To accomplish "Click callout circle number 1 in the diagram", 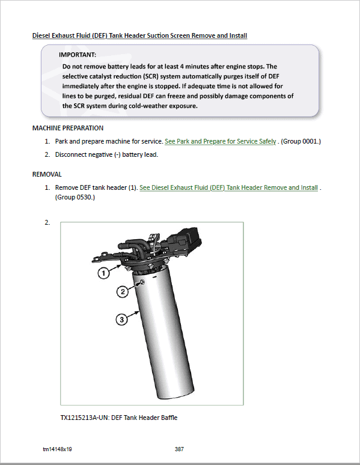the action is (x=103, y=273).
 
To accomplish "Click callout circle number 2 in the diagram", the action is (x=123, y=291).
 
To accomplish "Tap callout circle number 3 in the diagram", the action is (x=121, y=320).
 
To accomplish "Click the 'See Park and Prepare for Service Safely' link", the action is (x=220, y=141).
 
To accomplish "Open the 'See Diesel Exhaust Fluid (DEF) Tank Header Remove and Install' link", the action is (x=228, y=187).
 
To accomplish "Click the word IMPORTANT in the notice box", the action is (x=78, y=55).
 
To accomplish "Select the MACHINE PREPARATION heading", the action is (x=68, y=128).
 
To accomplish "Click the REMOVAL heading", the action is (x=47, y=174).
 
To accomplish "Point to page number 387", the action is (x=179, y=449).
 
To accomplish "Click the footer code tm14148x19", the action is (x=57, y=449).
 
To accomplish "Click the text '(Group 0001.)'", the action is (x=301, y=141).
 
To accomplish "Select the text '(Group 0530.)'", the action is (x=75, y=197).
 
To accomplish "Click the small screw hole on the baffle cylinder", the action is (x=142, y=282).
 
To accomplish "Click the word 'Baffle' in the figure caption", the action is (x=169, y=418).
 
